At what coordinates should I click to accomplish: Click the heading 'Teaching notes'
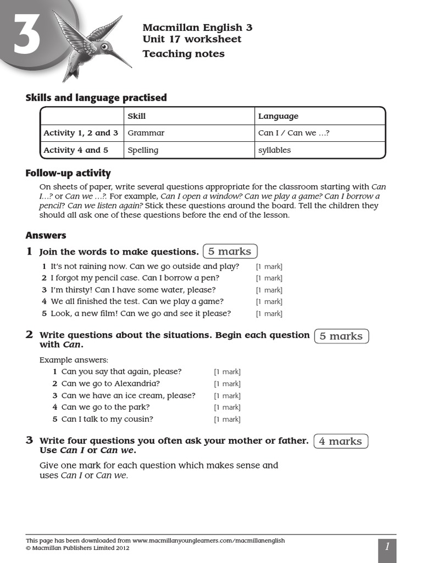[x=184, y=54]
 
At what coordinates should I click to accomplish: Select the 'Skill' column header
[x=137, y=116]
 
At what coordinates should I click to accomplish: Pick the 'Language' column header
[x=278, y=116]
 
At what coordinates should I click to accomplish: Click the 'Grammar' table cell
[x=146, y=133]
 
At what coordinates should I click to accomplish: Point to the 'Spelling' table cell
[x=143, y=150]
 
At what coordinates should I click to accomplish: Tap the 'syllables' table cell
[x=275, y=150]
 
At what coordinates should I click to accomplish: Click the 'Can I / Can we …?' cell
[x=294, y=133]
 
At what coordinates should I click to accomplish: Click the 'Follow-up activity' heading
[x=68, y=173]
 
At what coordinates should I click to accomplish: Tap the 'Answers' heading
[x=46, y=235]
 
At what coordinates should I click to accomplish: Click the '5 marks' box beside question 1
[x=230, y=251]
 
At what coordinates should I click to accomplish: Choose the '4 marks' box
[x=341, y=441]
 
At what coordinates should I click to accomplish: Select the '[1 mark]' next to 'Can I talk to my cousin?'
[x=227, y=420]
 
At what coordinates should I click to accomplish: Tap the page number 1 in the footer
[x=387, y=547]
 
